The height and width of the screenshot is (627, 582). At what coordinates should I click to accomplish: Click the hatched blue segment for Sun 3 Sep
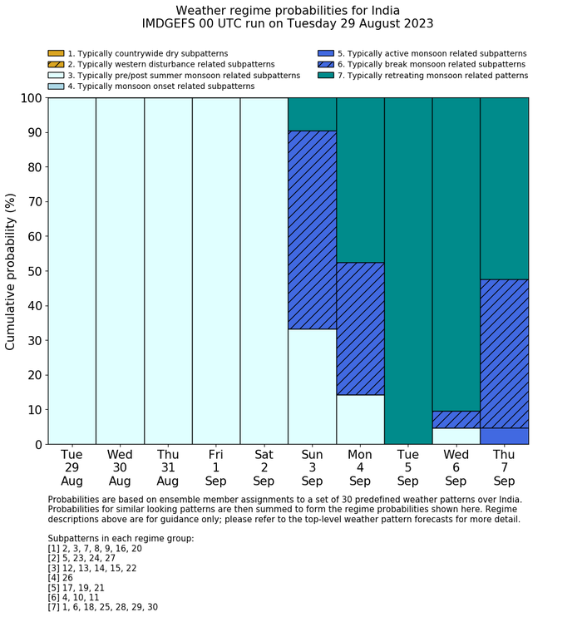312,230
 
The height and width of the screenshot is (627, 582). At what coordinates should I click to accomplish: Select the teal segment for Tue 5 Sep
408,270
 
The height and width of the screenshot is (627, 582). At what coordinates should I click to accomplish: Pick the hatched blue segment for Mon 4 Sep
360,328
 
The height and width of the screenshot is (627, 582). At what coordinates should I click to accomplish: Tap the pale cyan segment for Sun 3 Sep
312,387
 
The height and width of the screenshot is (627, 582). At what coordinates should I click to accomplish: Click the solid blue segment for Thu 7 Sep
505,436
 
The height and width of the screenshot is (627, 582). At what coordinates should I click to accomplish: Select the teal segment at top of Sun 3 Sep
312,114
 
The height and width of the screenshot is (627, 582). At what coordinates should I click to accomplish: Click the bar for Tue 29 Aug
72,270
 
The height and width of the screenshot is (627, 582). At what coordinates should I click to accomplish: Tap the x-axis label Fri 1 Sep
216,467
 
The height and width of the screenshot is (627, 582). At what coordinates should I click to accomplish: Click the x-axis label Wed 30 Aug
120,467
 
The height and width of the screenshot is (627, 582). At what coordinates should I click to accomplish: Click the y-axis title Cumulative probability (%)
11,271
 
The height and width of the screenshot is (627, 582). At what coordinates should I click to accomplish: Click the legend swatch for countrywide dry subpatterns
56,54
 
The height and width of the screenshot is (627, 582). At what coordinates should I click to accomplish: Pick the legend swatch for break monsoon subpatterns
325,65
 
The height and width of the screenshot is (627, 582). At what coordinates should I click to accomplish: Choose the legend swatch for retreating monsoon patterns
325,76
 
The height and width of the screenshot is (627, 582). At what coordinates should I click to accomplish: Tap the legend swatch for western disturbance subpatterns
56,65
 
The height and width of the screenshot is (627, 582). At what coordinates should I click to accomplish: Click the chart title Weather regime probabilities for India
288,10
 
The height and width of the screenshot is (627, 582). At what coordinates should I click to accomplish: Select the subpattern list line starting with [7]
103,607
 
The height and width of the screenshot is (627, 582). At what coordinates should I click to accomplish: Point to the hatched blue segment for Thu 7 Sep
505,353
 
